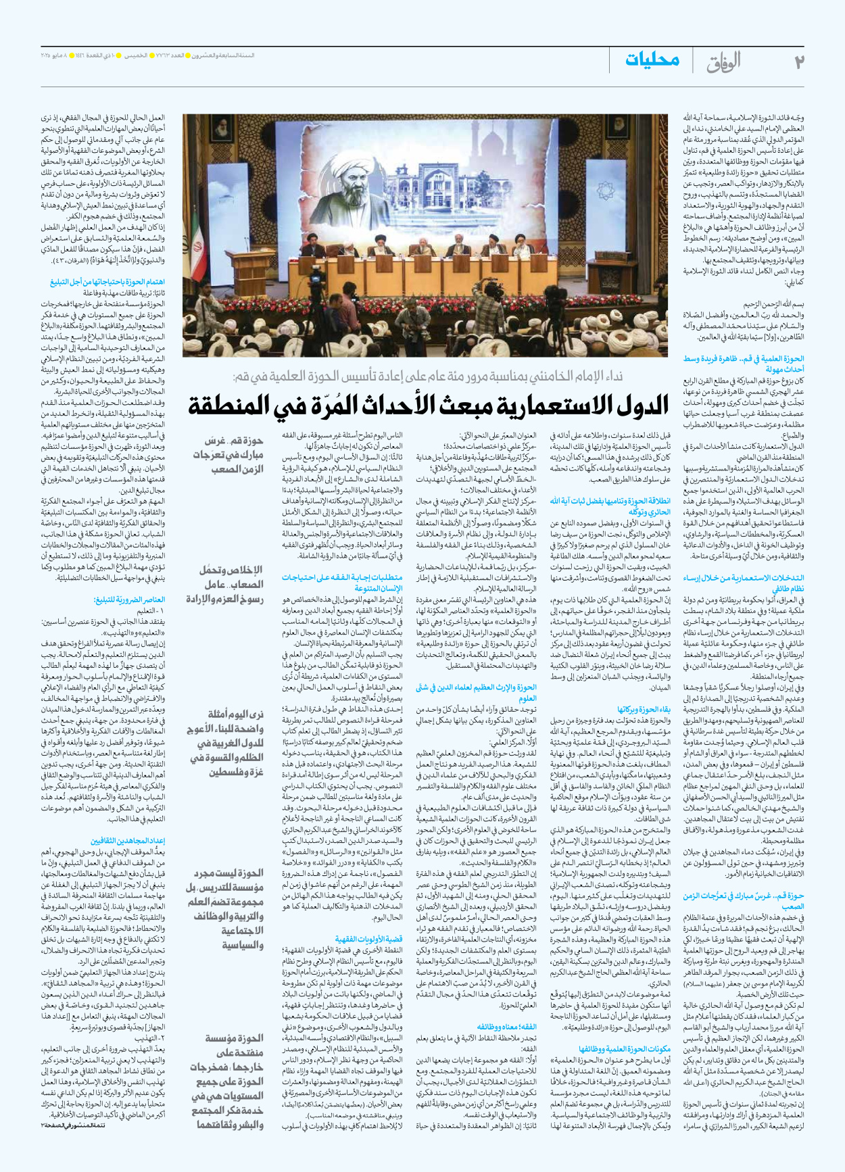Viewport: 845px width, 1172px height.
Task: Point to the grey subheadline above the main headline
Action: [427, 376]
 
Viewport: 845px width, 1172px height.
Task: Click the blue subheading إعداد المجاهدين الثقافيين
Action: [128, 841]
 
